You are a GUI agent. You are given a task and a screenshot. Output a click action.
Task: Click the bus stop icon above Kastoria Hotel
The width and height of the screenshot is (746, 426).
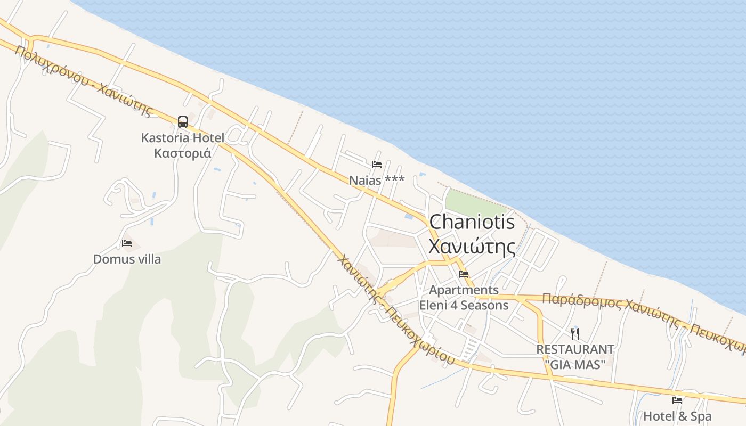click(183, 122)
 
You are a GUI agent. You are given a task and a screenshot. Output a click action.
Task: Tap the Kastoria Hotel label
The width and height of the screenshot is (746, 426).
click(182, 138)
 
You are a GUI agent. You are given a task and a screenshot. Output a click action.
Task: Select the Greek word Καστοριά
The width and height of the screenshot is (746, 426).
click(182, 153)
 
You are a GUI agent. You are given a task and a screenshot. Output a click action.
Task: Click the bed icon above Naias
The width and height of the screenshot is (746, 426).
click(377, 164)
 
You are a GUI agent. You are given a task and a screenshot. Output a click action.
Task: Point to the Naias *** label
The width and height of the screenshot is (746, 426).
click(377, 180)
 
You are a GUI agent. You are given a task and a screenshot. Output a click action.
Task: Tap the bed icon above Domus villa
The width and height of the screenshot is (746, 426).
click(127, 243)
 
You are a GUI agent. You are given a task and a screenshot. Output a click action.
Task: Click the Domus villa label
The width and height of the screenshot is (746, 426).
click(127, 259)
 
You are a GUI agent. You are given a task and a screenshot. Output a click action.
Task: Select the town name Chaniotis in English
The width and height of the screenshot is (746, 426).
click(472, 222)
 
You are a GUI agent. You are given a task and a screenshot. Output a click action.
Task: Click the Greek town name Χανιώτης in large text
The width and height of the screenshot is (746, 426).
click(472, 247)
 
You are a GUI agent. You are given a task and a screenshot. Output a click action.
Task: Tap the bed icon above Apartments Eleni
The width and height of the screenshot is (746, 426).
click(464, 275)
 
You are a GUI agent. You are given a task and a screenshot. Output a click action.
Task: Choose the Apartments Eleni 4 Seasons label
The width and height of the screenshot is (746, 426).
click(464, 298)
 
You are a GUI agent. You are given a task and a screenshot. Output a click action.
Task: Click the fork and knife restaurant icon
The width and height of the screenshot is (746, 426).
click(575, 334)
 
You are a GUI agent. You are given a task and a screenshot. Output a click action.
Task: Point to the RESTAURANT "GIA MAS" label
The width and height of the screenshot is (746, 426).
click(575, 357)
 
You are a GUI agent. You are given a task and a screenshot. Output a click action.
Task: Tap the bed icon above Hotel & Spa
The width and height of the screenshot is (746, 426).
click(677, 400)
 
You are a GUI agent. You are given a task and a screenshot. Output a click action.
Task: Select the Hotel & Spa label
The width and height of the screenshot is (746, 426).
click(677, 416)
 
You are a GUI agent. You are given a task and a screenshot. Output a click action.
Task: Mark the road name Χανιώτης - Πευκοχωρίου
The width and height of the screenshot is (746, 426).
click(396, 311)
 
